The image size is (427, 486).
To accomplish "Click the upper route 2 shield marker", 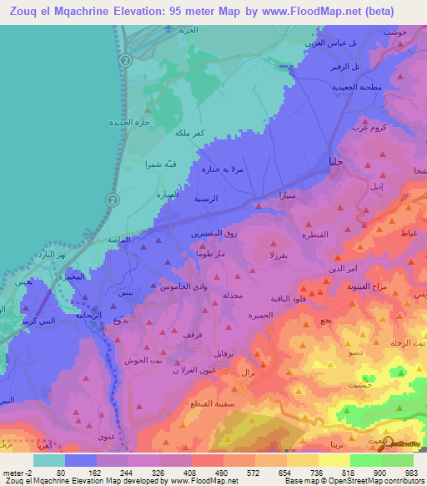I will (125, 61).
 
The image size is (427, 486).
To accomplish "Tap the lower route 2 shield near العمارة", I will (113, 199).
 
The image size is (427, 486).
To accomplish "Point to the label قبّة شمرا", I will (160, 164).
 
